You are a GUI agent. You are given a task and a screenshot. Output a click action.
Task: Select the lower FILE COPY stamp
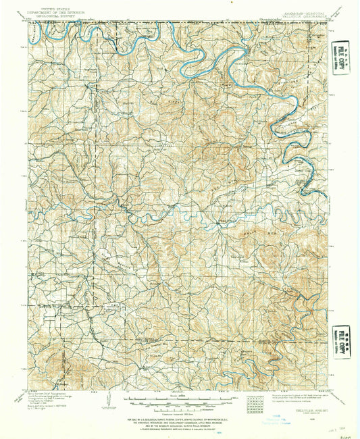(344, 336)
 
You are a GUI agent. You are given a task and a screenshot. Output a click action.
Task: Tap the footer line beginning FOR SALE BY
(179, 416)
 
